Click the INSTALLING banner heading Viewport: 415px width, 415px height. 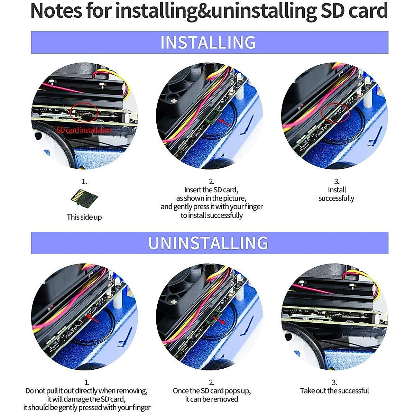coord(208,43)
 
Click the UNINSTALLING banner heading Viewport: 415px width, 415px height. coord(208,243)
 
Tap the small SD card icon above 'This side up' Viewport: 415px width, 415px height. coord(84,199)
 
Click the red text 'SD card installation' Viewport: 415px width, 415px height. coord(84,130)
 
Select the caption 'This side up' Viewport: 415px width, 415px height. coord(84,217)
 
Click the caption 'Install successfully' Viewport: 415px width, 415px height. coord(336,194)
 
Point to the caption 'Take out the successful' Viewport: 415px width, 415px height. coord(334,391)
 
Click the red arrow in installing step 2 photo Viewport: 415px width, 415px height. coord(224,123)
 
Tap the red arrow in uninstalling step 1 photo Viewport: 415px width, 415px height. coord(93,319)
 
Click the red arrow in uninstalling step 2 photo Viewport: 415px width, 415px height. coord(219,320)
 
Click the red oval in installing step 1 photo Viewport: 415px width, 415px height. coord(84,112)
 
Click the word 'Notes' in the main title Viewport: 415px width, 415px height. coord(56,11)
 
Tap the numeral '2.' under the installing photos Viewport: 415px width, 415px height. coord(212,181)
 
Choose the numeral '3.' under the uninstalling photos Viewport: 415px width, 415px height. coord(334,382)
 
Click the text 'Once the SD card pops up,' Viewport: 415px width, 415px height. coord(212,391)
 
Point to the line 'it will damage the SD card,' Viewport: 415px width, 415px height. coord(86,399)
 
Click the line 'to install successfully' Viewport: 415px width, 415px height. coord(212,215)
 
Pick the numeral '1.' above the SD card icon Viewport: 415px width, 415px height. coord(84,181)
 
